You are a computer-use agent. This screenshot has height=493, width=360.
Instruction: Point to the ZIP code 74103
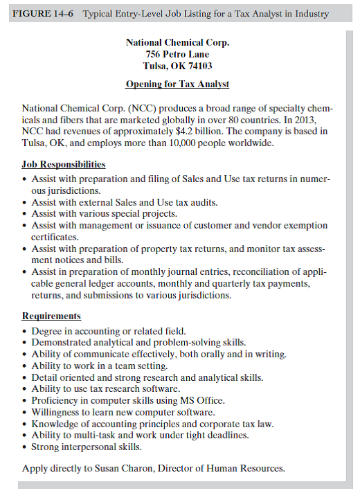pyautogui.click(x=198, y=66)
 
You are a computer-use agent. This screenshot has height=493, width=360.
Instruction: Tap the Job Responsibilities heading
pyautogui.click(x=64, y=165)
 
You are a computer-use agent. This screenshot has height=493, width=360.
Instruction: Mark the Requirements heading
pyautogui.click(x=51, y=316)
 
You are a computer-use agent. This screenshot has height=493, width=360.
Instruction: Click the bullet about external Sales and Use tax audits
pyautogui.click(x=125, y=203)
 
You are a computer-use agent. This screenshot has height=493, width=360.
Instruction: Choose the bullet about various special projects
pyautogui.click(x=104, y=214)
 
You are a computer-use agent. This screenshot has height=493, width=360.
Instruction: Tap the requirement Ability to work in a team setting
pyautogui.click(x=100, y=366)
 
